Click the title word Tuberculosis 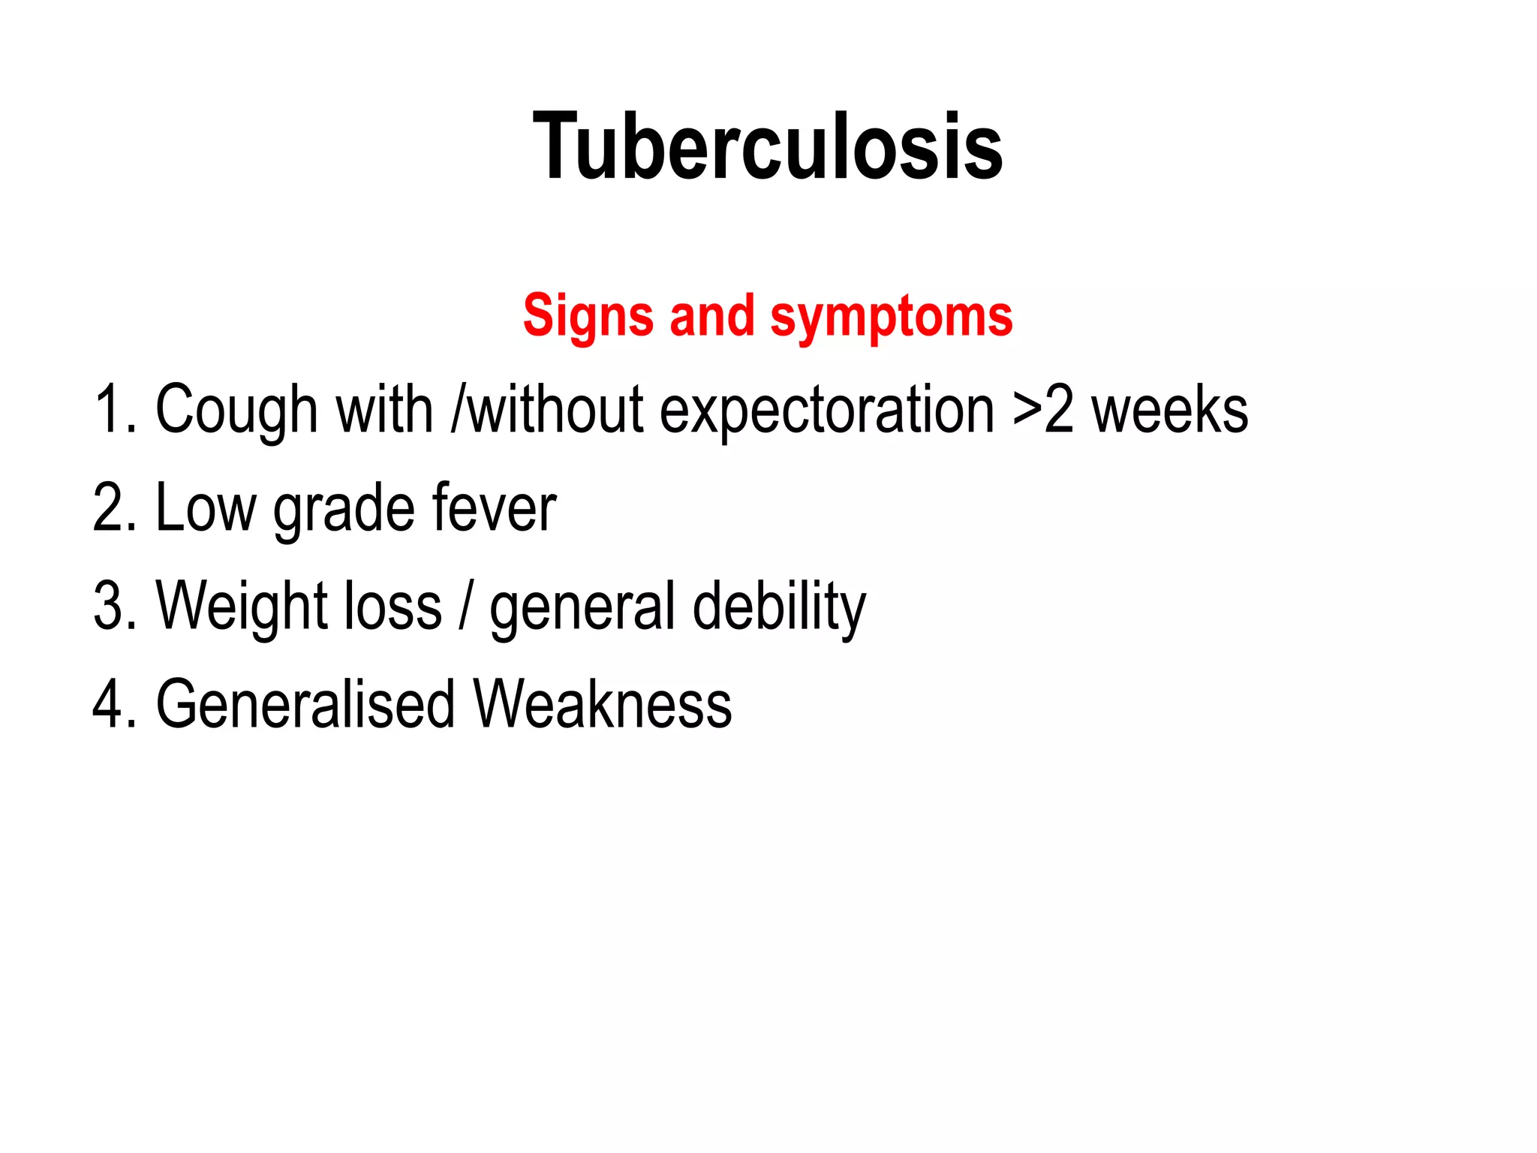click(767, 146)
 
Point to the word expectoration click(826, 411)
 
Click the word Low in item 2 click(205, 508)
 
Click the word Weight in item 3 click(241, 607)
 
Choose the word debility click(779, 607)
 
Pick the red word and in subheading click(711, 316)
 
